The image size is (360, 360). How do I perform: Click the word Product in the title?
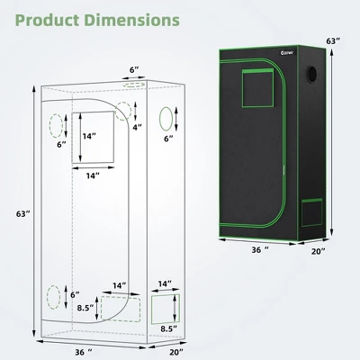coord(53,19)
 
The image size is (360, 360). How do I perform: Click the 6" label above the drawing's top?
coord(134,69)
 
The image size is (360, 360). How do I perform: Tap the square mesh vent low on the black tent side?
coord(313,212)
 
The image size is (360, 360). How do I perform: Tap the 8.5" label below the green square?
coord(166,329)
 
